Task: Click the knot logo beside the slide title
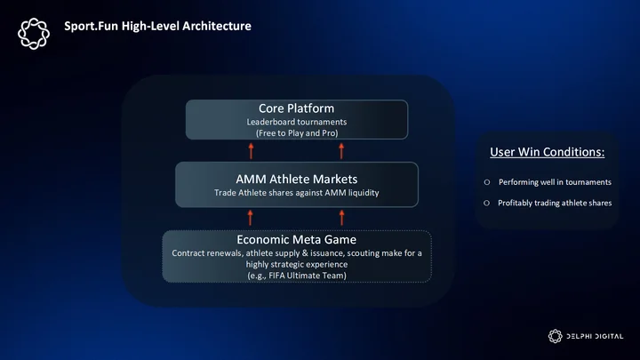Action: click(34, 34)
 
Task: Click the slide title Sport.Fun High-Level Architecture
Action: click(157, 26)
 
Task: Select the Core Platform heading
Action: click(296, 108)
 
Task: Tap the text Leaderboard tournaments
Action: click(297, 122)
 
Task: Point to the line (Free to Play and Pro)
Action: click(297, 133)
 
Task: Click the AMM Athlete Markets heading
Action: click(297, 179)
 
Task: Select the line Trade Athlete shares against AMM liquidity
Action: click(297, 193)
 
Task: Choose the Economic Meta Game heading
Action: click(297, 239)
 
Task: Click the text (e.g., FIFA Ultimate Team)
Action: click(297, 276)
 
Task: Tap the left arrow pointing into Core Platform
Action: click(251, 151)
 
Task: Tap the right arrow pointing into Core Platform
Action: click(341, 151)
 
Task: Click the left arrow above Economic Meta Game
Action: click(250, 218)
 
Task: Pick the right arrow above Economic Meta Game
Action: click(341, 218)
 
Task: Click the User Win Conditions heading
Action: click(547, 152)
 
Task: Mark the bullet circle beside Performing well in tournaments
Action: click(487, 182)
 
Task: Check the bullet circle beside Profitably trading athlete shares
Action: click(486, 203)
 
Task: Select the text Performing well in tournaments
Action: click(555, 182)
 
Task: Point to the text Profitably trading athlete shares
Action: click(555, 203)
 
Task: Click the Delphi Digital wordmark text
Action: click(595, 336)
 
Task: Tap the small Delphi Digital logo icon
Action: click(555, 336)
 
